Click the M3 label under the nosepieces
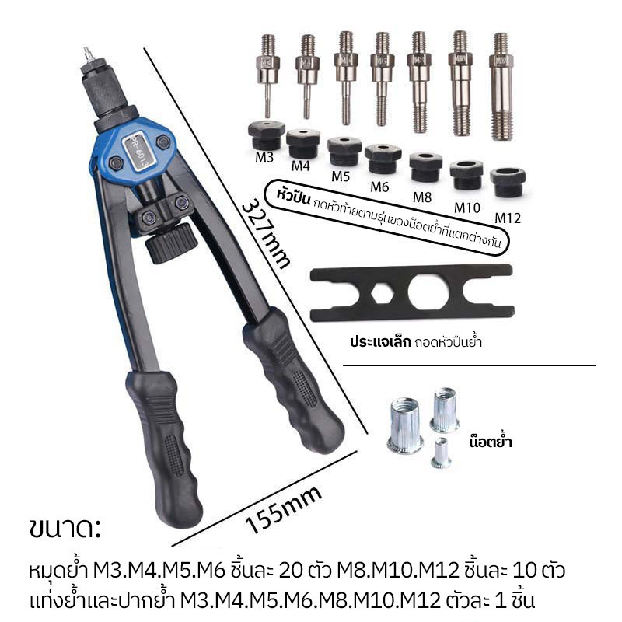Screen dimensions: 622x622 [x=264, y=157]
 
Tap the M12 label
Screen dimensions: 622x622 [x=508, y=218]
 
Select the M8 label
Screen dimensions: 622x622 [x=422, y=197]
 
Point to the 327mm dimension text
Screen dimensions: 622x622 [x=266, y=234]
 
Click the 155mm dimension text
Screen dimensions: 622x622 [x=283, y=511]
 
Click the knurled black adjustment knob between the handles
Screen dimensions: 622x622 [x=171, y=243]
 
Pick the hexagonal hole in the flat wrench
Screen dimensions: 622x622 [x=383, y=294]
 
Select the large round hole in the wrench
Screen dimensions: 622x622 [x=429, y=293]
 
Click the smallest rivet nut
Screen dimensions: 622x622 [x=440, y=453]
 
